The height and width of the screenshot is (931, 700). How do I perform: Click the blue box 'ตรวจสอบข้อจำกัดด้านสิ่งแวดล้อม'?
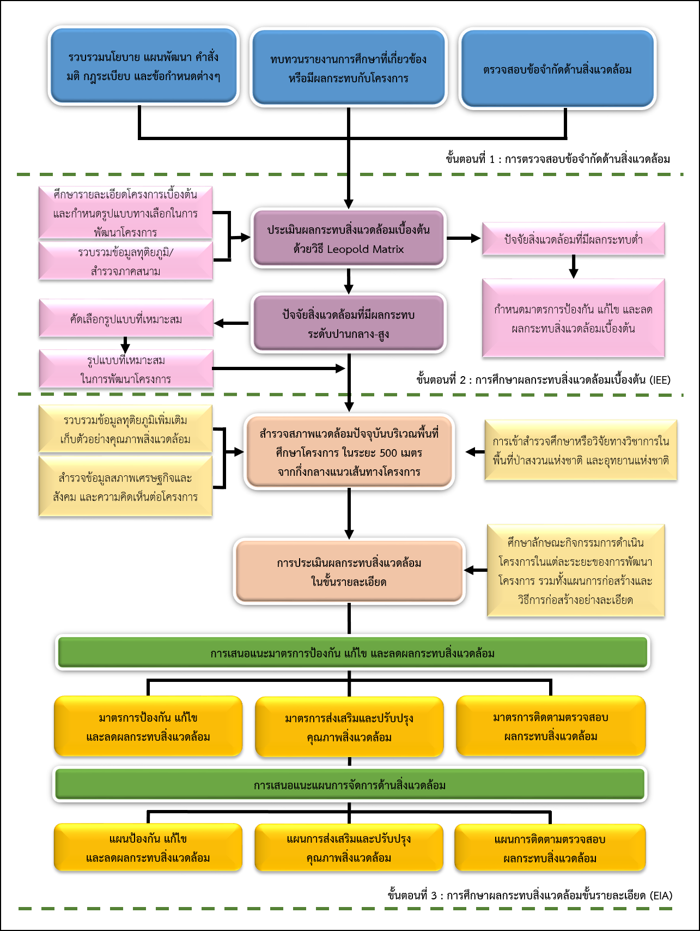point(557,69)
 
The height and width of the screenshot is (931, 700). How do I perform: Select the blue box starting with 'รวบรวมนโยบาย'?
point(143,66)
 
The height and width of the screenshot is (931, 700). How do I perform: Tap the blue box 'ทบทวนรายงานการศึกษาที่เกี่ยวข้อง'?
point(349,68)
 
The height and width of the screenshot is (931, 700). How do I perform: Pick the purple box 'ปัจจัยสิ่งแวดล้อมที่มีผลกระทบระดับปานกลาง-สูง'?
point(349,324)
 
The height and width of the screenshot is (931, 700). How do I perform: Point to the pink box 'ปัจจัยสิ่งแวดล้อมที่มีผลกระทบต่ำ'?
point(573,239)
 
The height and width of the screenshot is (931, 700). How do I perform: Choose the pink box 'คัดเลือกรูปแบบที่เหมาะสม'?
point(126,319)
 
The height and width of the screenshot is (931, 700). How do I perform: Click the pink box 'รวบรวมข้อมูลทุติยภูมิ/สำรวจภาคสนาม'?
point(126,261)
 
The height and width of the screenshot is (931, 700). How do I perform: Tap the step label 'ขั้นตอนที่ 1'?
point(471,159)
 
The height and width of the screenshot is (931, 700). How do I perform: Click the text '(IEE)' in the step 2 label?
point(660,380)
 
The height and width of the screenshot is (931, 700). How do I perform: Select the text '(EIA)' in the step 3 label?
point(661,895)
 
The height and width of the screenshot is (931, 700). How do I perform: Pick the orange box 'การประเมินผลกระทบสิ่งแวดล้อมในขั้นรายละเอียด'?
point(349,572)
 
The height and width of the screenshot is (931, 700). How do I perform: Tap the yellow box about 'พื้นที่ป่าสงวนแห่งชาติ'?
point(581,450)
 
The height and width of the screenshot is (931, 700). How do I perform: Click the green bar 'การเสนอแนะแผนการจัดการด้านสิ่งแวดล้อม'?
point(350,785)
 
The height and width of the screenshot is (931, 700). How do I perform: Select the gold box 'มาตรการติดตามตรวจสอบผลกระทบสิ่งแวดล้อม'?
point(551,727)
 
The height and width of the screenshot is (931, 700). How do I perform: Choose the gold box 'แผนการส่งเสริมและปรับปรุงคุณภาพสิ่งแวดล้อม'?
point(349,848)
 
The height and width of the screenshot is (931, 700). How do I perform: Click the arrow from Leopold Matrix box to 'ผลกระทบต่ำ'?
point(464,238)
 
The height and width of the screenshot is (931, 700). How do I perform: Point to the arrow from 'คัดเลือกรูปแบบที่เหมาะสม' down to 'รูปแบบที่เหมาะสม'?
point(125,344)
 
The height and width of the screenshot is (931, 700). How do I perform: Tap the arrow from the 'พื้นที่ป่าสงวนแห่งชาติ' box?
point(474,452)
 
